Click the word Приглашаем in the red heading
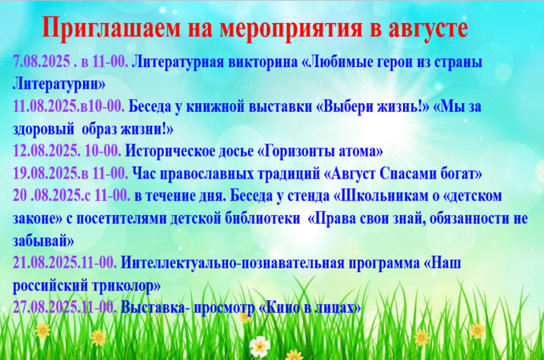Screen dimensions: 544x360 (111, 29)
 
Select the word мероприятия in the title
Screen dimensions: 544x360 (290, 29)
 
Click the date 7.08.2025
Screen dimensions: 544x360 (42, 62)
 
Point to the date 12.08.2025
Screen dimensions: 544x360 (45, 151)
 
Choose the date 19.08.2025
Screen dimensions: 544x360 (46, 173)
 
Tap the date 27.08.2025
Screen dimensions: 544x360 (46, 307)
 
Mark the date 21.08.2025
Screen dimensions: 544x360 (46, 262)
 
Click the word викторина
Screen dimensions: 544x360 (263, 62)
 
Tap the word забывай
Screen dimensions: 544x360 (43, 240)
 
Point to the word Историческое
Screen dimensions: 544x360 (170, 151)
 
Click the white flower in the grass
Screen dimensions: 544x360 (260, 346)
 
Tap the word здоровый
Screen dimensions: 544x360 (43, 130)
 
